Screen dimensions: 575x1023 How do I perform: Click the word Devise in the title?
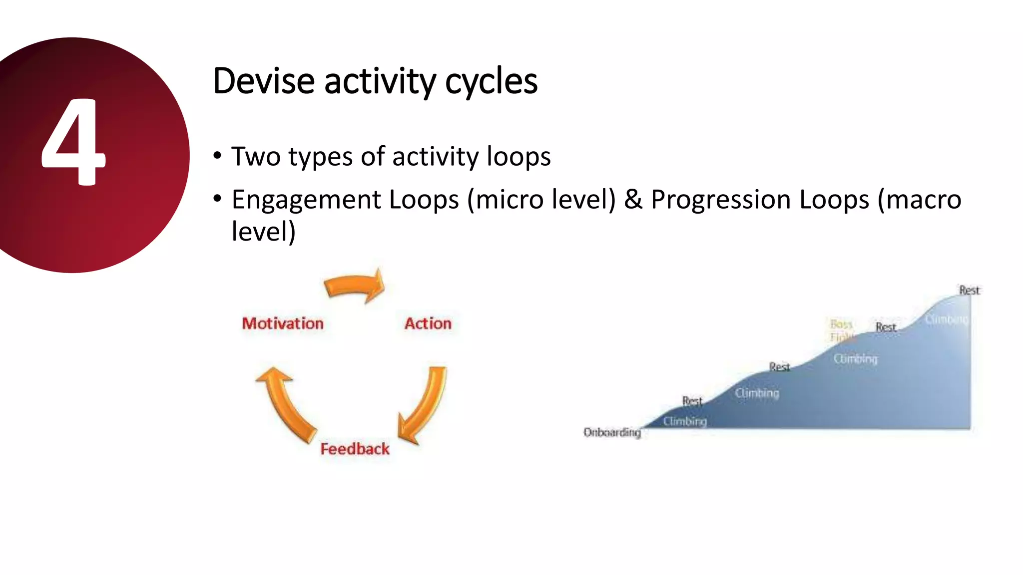(x=263, y=81)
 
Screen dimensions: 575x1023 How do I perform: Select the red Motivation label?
(x=283, y=323)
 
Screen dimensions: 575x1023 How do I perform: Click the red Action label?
(x=428, y=323)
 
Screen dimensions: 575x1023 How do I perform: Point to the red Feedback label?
(x=355, y=449)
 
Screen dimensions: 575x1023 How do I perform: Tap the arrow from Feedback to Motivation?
(x=285, y=404)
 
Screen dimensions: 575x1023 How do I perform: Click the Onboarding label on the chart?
(x=612, y=432)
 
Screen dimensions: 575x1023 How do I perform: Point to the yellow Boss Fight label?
(x=841, y=330)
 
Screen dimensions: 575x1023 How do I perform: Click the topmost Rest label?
(x=969, y=290)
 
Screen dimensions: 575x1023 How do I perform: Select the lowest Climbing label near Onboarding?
(x=685, y=421)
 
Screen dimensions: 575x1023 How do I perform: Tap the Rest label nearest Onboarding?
(x=692, y=401)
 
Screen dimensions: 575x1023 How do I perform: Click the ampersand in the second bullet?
(x=633, y=200)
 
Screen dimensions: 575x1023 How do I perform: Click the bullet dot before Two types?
(x=217, y=156)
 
